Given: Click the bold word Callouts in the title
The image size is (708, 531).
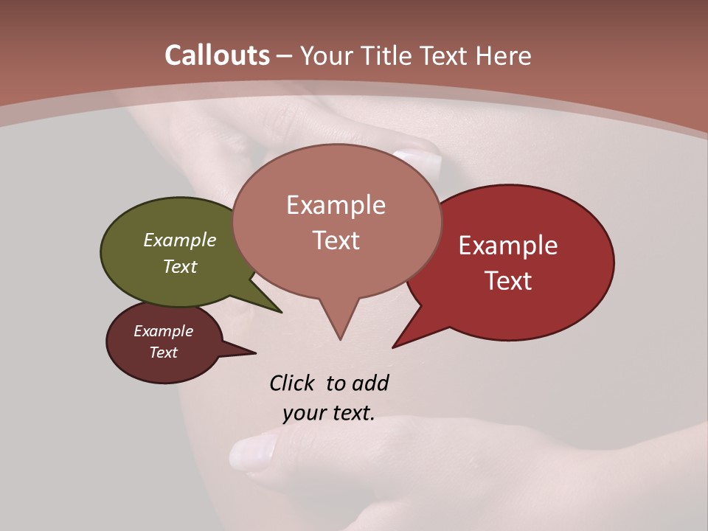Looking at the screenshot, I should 217,55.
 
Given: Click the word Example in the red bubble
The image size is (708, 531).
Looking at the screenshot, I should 508,246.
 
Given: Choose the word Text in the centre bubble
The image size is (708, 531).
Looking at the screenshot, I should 336,240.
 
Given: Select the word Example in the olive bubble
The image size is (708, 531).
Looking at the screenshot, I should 180,240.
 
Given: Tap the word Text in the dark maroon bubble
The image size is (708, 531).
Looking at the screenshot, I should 164,353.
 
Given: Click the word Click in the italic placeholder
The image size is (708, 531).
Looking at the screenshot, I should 292,383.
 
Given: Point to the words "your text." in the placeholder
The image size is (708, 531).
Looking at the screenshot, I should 329,413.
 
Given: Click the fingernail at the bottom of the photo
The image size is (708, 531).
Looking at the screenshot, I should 251,451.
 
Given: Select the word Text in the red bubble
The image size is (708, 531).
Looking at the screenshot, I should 509,281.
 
